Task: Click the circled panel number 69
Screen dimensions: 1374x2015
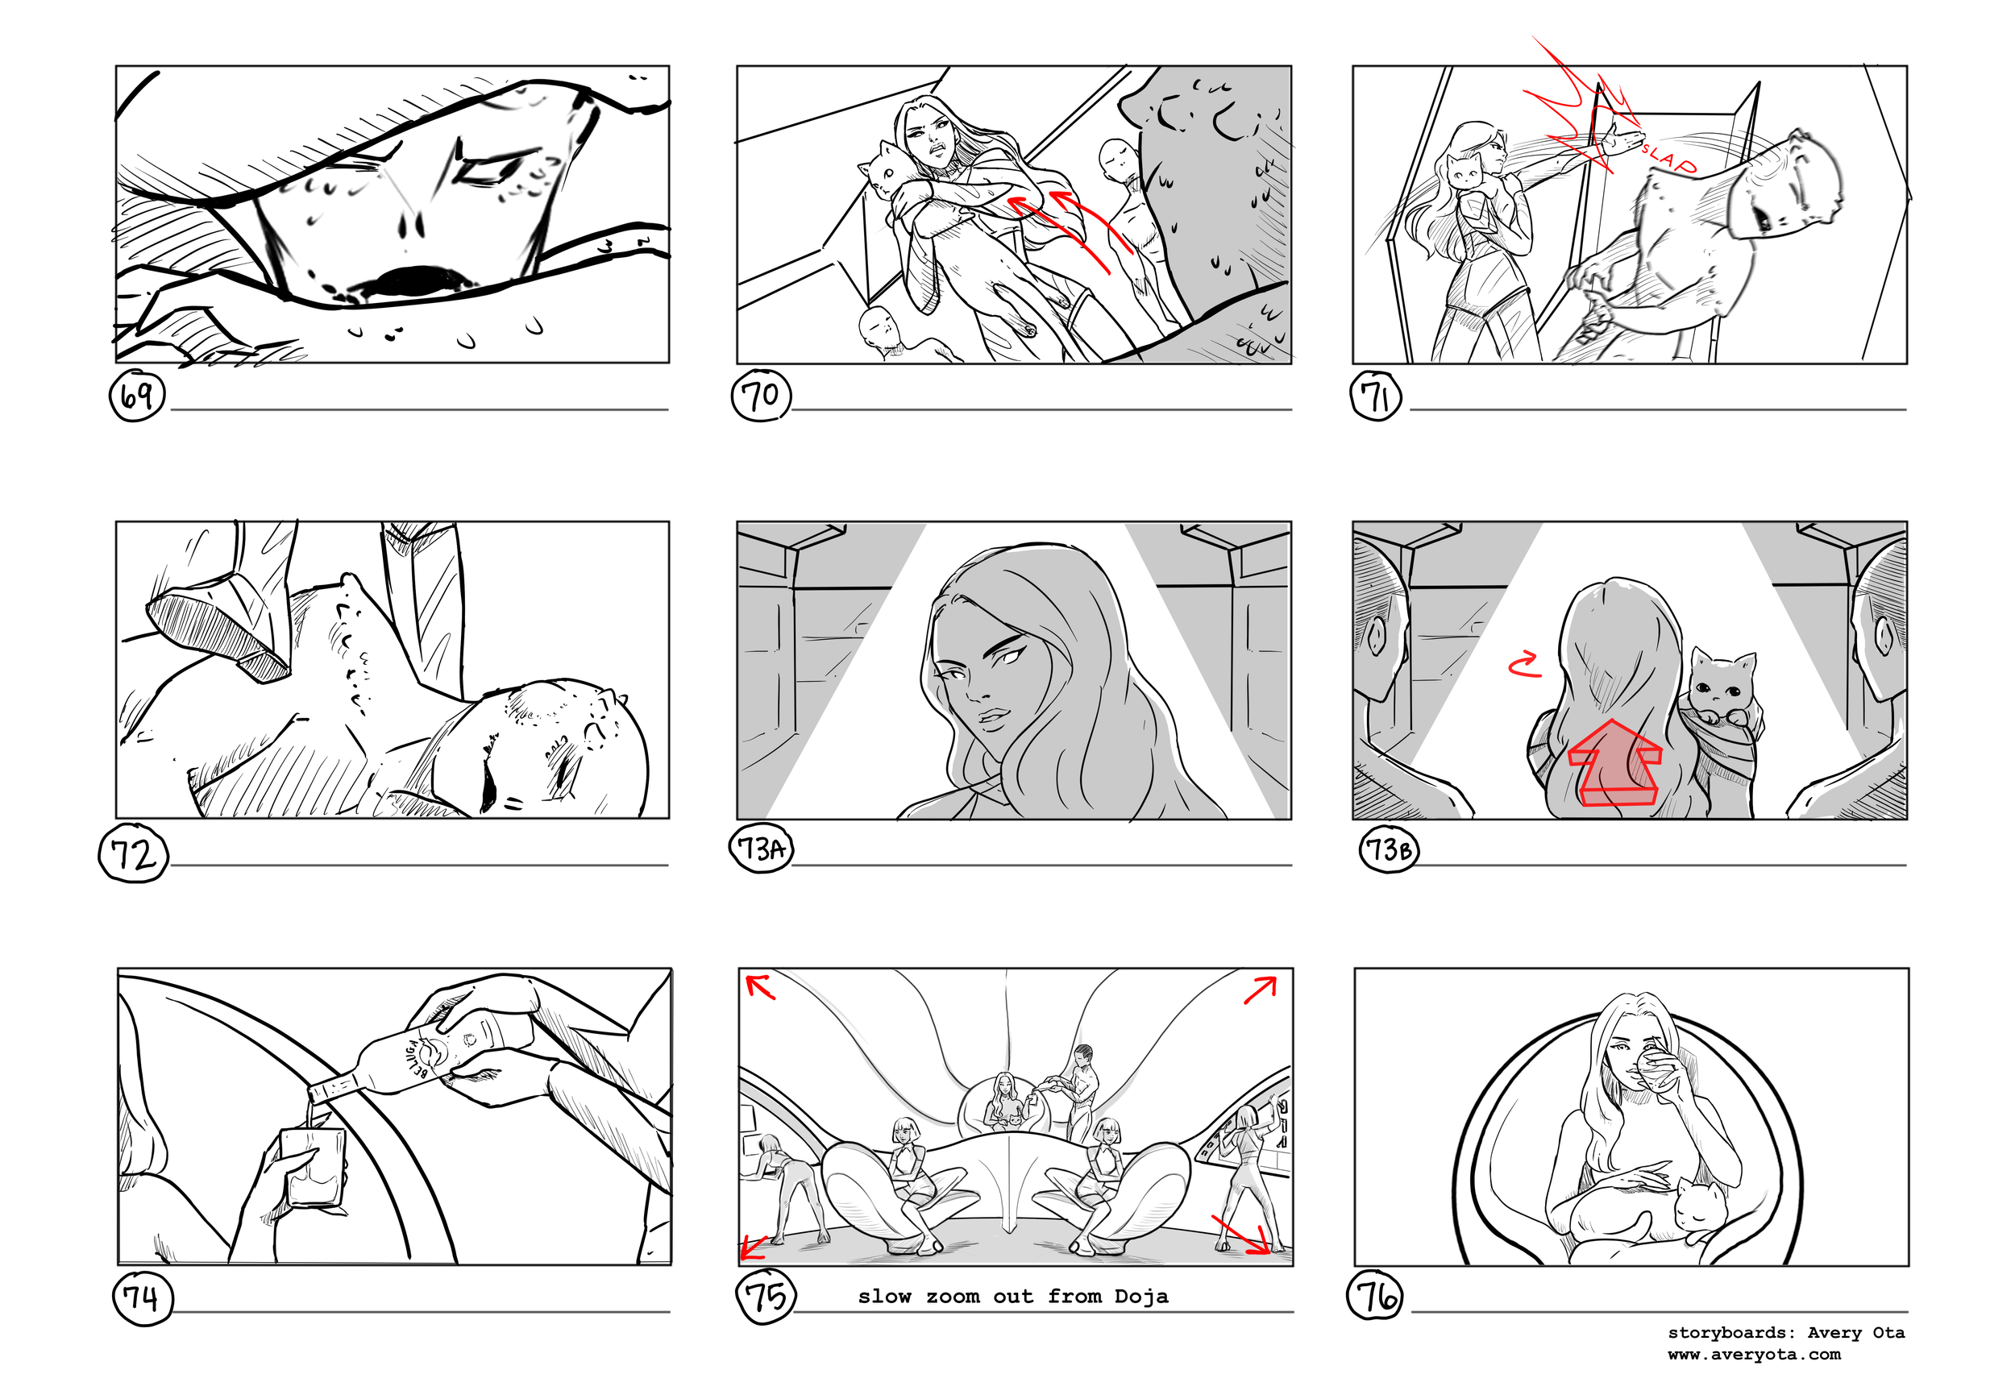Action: click(x=137, y=397)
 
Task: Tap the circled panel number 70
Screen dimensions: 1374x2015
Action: click(x=760, y=396)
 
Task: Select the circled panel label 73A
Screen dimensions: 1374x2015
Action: click(x=761, y=849)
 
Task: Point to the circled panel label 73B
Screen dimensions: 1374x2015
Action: click(x=1388, y=849)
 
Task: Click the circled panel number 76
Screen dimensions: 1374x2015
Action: click(x=1374, y=1297)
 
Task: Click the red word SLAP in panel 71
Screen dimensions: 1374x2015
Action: click(x=1668, y=159)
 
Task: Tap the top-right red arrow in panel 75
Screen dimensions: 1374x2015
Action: click(x=1261, y=988)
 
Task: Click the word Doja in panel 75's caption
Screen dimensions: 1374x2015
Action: click(x=1141, y=1297)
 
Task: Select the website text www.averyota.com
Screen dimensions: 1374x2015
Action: click(x=1753, y=1354)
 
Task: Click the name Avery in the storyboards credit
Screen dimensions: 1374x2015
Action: click(x=1835, y=1332)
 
